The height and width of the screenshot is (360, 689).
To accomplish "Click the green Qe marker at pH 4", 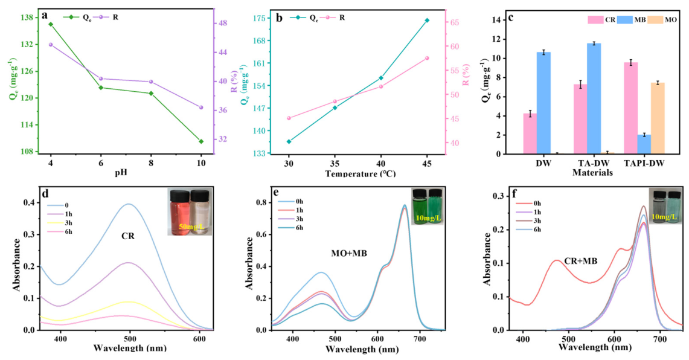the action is pyautogui.click(x=51, y=24).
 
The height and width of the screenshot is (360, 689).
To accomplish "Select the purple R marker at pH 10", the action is pyautogui.click(x=201, y=108).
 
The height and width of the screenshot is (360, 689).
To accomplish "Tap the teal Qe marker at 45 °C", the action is pyautogui.click(x=427, y=20).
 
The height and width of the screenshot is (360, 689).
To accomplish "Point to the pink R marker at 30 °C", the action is pyautogui.click(x=289, y=118).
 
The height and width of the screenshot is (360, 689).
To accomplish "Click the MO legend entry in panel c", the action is pyautogui.click(x=664, y=20).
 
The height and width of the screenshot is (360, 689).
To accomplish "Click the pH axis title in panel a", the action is pyautogui.click(x=121, y=172).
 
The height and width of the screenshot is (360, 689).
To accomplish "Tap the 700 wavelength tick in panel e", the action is pyautogui.click(x=420, y=339).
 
